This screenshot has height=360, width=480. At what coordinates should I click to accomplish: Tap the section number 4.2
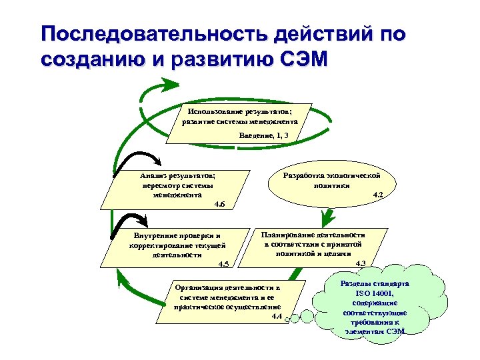(x=377, y=194)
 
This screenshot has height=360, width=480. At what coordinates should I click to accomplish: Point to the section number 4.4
(x=277, y=315)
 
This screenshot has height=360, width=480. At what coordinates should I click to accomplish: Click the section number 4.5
(x=223, y=265)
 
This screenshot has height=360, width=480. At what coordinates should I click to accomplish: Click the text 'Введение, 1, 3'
(x=264, y=135)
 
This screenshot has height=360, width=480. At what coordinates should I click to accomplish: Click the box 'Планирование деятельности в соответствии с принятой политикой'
(x=313, y=245)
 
